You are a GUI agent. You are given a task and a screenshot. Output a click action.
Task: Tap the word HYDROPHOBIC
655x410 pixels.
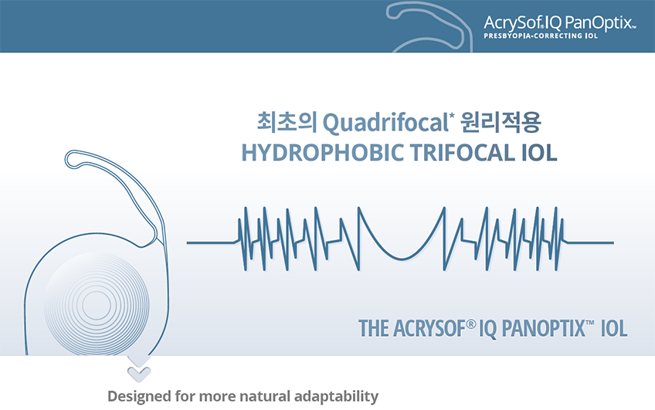[323, 153]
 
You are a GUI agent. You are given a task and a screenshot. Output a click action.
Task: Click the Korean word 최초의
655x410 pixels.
[287, 122]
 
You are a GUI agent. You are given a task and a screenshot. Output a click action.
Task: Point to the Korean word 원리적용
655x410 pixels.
[501, 122]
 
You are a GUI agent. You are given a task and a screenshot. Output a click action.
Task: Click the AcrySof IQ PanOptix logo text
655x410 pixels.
[559, 22]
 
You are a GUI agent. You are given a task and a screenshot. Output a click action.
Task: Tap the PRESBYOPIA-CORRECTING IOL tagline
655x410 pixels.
[541, 36]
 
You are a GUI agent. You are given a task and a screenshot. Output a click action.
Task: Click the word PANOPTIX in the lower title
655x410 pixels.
[543, 329]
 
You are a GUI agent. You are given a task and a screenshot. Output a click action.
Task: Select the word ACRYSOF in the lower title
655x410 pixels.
[429, 329]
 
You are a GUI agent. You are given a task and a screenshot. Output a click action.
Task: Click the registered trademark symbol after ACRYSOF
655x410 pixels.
[471, 324]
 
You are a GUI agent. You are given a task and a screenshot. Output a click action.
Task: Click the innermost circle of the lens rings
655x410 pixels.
[97, 305]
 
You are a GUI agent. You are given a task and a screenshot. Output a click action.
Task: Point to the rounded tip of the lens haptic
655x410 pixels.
[72, 159]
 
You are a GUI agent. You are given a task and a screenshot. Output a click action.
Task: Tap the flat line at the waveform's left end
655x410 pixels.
[212, 242]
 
